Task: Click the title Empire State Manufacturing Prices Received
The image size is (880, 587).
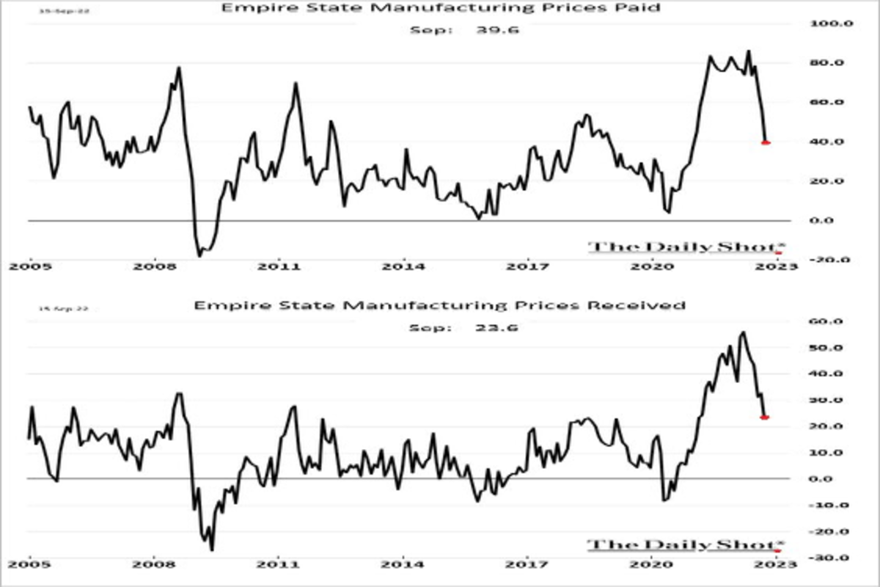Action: click(440, 305)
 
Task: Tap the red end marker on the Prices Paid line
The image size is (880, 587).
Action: click(766, 142)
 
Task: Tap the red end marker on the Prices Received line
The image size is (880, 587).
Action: click(765, 417)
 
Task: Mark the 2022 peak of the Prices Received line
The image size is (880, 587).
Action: click(744, 332)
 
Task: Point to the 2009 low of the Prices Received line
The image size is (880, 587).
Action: click(212, 550)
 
